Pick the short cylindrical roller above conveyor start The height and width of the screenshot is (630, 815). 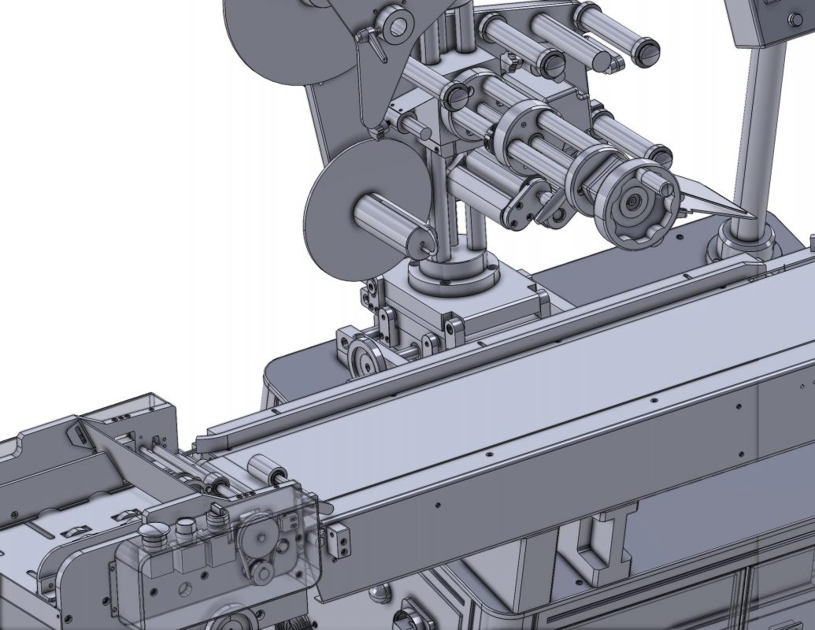[x=266, y=470]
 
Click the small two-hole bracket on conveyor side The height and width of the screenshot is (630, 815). [x=339, y=541]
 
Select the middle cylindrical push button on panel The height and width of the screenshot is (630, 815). [x=186, y=525]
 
